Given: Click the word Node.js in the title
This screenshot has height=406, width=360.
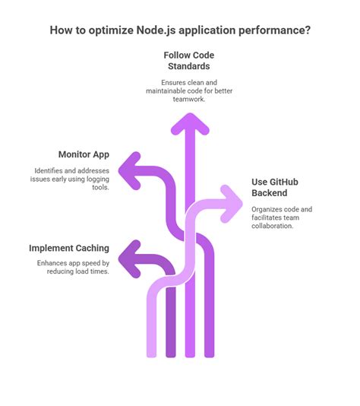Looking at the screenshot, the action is [156, 30].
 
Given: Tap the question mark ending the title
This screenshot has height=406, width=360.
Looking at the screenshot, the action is [308, 30].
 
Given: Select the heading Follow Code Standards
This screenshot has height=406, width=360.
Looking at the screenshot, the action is [189, 61].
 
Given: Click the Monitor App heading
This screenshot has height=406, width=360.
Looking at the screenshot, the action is [84, 154].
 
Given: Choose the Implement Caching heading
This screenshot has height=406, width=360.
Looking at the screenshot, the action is [69, 248].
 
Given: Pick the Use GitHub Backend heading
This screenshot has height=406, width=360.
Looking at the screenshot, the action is [275, 187].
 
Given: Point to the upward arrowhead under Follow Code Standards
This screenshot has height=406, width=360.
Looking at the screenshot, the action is [190, 123].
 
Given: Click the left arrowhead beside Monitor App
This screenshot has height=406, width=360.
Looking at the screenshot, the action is [129, 171].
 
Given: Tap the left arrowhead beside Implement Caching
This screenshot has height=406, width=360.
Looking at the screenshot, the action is [129, 259].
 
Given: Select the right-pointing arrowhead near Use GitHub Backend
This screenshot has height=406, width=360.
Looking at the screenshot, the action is [232, 204].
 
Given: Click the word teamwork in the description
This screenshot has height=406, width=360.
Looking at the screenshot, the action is [189, 99].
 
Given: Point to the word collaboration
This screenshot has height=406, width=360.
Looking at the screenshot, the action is [273, 226].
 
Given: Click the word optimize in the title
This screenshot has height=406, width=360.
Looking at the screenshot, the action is [110, 30].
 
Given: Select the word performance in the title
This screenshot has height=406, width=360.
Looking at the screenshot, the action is [271, 30].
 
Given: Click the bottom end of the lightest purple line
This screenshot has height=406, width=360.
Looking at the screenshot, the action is [152, 357].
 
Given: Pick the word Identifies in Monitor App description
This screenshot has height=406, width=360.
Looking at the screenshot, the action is [49, 171].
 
